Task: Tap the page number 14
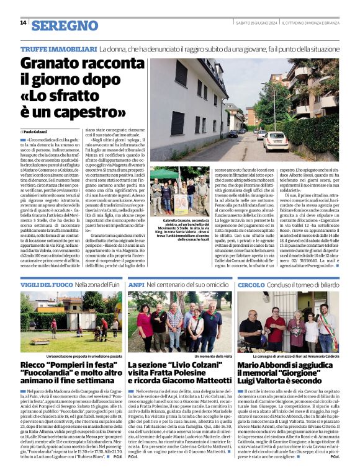[x=23, y=23]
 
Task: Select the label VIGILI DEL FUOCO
[x=46, y=284]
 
